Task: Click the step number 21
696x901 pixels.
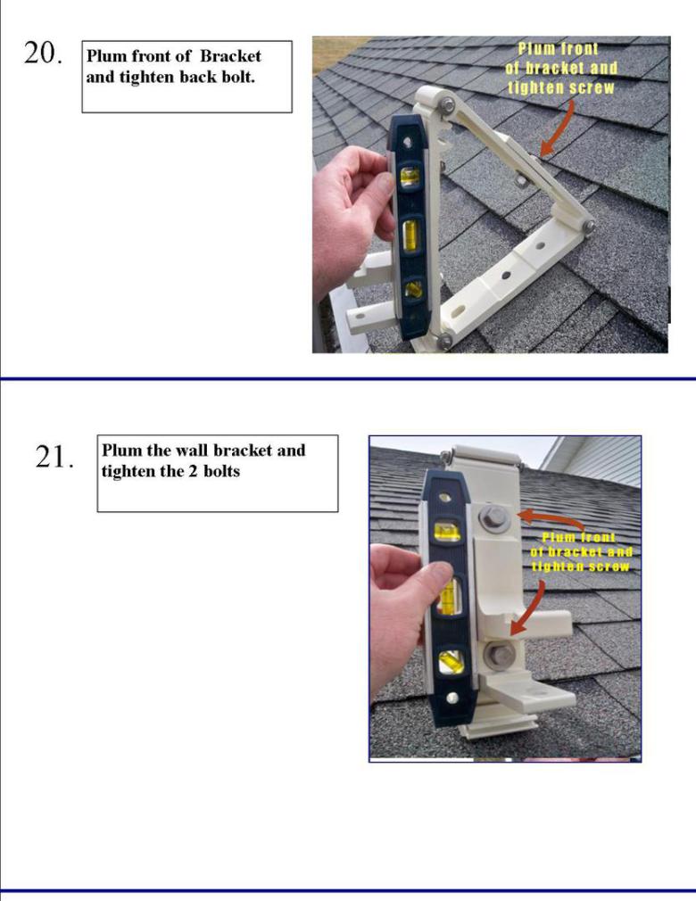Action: [54, 457]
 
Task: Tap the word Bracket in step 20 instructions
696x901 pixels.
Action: [230, 55]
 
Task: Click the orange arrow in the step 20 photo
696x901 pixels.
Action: [557, 128]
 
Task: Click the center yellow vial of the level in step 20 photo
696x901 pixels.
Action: [410, 236]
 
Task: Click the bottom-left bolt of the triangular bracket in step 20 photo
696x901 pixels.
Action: [444, 341]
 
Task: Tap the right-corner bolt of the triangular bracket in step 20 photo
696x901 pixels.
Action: [588, 227]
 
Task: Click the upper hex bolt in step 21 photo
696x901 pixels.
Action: [493, 518]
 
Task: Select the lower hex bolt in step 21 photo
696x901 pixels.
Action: [498, 655]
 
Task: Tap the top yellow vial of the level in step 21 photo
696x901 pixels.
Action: [447, 531]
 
